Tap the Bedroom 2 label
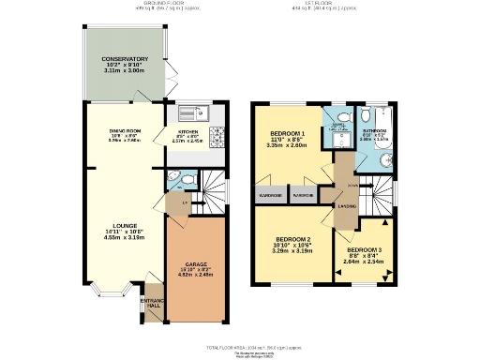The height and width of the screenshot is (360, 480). [x=288, y=241]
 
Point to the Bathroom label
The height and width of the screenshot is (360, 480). [x=375, y=132]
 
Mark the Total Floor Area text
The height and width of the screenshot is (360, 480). [x=239, y=345]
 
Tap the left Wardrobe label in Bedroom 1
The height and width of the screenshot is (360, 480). [x=270, y=196]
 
